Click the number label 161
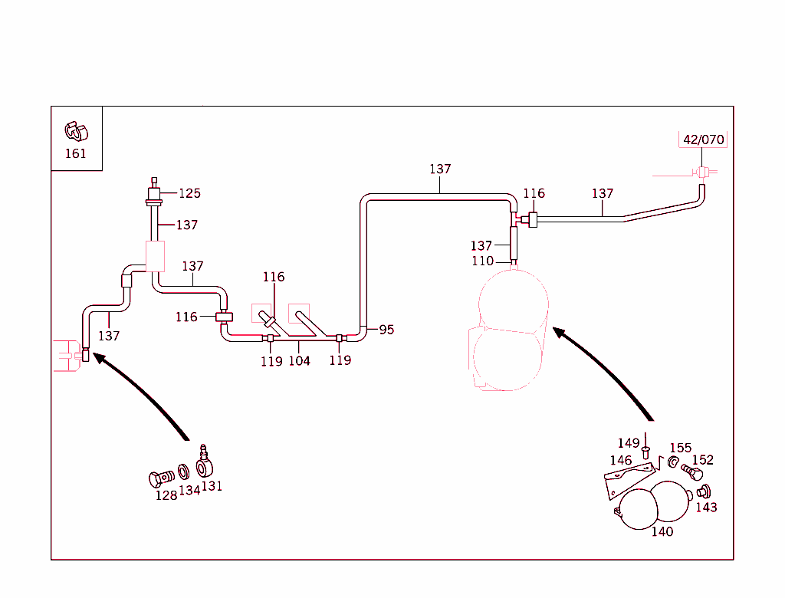(x=75, y=153)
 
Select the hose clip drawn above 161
(x=76, y=131)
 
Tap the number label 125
(x=189, y=193)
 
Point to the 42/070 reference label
(x=703, y=140)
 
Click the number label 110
(x=482, y=261)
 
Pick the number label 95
(x=386, y=330)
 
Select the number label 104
(x=299, y=361)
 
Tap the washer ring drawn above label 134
(x=184, y=471)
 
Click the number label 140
(x=662, y=531)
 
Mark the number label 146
(x=621, y=461)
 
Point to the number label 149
(x=629, y=443)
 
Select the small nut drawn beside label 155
(x=672, y=462)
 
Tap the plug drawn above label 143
(x=705, y=491)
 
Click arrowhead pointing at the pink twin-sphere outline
(x=559, y=333)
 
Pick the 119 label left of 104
(x=271, y=361)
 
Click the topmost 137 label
(x=440, y=169)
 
